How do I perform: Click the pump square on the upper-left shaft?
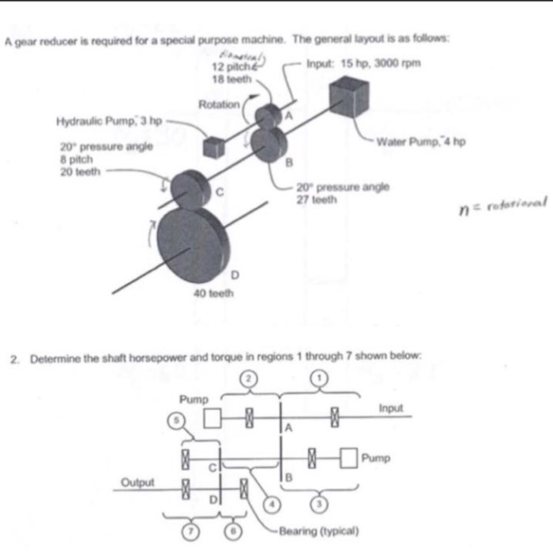point(211,416)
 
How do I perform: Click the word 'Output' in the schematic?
point(137,481)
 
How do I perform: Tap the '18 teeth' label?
point(231,79)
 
